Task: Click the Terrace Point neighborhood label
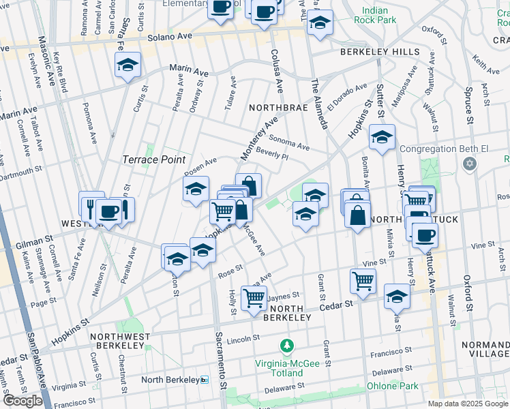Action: (153, 160)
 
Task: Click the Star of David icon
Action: (469, 164)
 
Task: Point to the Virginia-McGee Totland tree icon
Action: (288, 347)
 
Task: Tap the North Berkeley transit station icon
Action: (204, 380)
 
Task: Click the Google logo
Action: (23, 401)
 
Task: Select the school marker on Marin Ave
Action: (127, 65)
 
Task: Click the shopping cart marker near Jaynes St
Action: (254, 297)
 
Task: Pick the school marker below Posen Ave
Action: (196, 190)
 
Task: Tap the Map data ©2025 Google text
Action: (468, 404)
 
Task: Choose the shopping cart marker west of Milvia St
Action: (363, 279)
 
